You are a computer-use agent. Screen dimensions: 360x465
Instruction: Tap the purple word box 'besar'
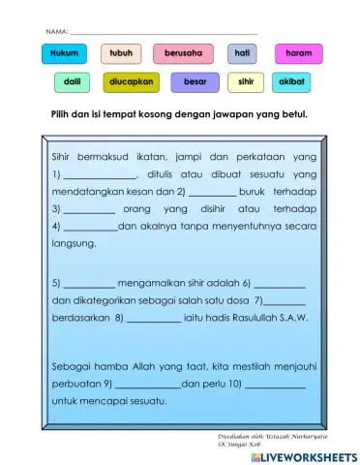click(x=195, y=82)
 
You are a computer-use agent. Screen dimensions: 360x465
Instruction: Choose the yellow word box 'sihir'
click(x=246, y=82)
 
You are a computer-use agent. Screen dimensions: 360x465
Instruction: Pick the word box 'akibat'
click(x=292, y=82)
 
